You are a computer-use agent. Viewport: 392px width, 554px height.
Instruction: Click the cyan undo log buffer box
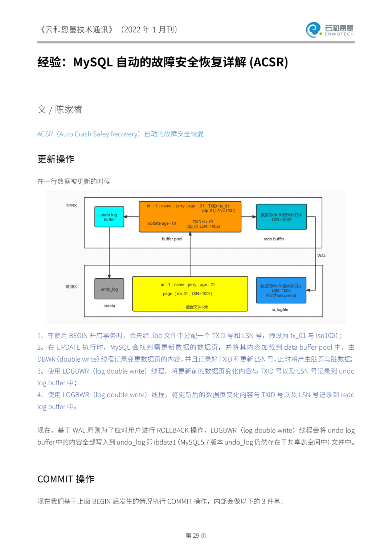point(109,217)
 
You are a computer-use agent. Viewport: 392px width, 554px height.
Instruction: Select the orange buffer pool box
point(190,217)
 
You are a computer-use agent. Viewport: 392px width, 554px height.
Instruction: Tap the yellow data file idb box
point(190,294)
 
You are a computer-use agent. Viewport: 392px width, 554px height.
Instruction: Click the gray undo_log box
point(109,289)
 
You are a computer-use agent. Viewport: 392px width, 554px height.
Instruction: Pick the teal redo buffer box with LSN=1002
point(281,217)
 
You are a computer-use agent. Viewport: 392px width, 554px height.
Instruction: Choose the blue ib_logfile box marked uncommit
point(281,290)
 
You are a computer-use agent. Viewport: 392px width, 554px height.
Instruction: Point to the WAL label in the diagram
point(321,255)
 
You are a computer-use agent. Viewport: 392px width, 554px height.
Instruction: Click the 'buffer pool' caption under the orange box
point(172,239)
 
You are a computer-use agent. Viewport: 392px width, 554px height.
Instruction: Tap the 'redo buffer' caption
point(274,239)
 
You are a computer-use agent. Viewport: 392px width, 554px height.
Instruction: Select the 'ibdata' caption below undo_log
point(109,306)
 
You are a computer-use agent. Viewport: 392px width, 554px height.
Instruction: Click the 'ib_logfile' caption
point(280,309)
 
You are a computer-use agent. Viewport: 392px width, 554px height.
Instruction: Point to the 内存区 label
point(71,206)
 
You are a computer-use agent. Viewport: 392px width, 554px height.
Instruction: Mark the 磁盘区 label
point(71,287)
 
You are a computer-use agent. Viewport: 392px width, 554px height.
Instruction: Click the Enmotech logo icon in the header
point(313,30)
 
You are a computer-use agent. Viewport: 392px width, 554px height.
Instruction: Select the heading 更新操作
point(56,159)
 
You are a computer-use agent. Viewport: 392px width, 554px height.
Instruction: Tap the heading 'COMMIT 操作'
point(66,479)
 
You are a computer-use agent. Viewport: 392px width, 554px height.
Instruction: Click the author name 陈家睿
point(69,110)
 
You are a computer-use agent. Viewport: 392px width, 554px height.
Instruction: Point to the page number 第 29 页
point(196,535)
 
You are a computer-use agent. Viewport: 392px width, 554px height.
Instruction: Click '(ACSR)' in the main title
point(269,62)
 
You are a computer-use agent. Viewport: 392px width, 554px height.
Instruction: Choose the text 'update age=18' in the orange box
point(162,223)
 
